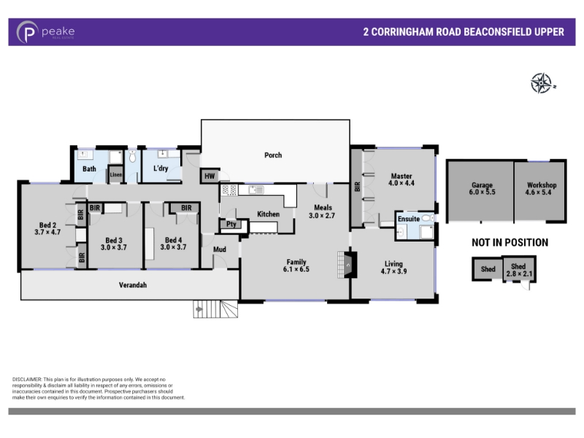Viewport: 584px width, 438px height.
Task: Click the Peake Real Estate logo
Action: coord(45,32)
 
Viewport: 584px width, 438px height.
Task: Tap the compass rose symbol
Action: coord(542,82)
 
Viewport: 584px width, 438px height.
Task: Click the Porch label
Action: coord(273,155)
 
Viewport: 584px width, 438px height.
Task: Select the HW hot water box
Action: coord(210,176)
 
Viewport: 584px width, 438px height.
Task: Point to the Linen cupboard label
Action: coord(115,174)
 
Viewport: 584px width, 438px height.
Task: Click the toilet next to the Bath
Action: coord(133,156)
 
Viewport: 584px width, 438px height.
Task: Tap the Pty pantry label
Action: coord(231,224)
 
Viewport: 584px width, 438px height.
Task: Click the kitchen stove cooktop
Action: coord(229,190)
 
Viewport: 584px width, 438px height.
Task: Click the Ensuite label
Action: coord(409,219)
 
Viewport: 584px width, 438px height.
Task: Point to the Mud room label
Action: coord(220,249)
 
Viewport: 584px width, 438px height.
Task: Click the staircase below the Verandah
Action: coord(215,309)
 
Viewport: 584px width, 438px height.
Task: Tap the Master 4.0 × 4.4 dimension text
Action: coord(401,183)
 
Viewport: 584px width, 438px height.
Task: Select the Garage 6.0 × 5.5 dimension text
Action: coord(483,192)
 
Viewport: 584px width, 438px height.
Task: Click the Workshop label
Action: coord(542,185)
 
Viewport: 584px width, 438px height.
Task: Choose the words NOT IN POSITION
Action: coord(510,243)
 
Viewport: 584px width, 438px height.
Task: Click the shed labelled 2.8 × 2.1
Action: coord(519,269)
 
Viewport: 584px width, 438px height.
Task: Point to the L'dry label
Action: coord(161,169)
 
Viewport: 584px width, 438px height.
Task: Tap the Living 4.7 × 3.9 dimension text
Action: coord(393,272)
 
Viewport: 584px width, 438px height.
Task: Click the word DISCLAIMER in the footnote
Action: coord(27,380)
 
